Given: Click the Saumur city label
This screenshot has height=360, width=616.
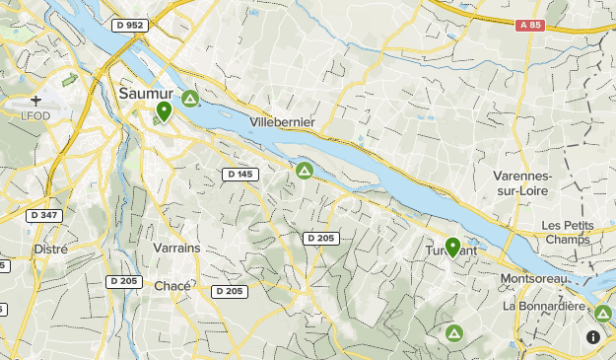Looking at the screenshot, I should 145,93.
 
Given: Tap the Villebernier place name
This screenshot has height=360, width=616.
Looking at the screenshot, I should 283,121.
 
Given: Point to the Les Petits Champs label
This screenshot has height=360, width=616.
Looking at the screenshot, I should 566,232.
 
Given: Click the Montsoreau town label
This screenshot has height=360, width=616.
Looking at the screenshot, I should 534,279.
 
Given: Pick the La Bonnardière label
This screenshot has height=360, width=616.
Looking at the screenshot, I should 544,306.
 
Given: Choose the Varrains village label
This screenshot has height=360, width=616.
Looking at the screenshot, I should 176,248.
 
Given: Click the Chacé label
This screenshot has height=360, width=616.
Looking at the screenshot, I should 172,286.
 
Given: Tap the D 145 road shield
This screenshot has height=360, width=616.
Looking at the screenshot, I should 240,175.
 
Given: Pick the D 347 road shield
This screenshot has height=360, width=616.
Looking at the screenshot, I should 44,215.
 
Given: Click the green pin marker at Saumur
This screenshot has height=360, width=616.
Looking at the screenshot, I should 164,110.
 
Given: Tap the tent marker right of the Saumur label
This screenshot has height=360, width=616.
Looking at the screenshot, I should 189,99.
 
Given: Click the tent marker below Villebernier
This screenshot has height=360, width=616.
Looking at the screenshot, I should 305,171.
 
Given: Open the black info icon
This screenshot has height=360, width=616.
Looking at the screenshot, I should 593,336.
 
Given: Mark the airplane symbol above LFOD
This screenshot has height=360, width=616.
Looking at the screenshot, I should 36,101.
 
